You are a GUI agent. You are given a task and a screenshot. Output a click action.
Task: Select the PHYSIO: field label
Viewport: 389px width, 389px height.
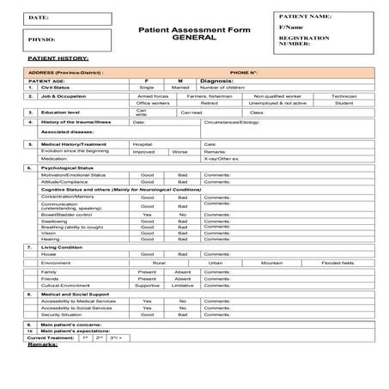pos(41,40)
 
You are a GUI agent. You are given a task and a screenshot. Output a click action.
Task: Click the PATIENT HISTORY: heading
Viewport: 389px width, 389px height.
pos(52,58)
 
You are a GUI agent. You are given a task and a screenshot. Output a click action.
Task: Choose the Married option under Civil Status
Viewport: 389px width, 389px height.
pos(180,88)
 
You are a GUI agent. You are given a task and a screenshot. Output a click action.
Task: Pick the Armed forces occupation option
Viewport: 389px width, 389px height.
pos(151,95)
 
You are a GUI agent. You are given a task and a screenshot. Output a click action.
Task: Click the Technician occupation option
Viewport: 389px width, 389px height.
pos(343,95)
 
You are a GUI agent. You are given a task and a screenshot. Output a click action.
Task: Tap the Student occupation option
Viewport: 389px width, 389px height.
pos(343,103)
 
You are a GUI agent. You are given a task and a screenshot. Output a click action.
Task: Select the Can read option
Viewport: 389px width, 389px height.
pos(191,112)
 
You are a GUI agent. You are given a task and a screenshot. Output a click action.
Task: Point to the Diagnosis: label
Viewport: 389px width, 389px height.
pos(216,80)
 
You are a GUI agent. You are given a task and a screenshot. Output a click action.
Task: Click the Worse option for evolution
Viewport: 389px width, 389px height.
pos(180,151)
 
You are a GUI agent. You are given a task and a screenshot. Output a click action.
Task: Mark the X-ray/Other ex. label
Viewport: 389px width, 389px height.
pos(223,159)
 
